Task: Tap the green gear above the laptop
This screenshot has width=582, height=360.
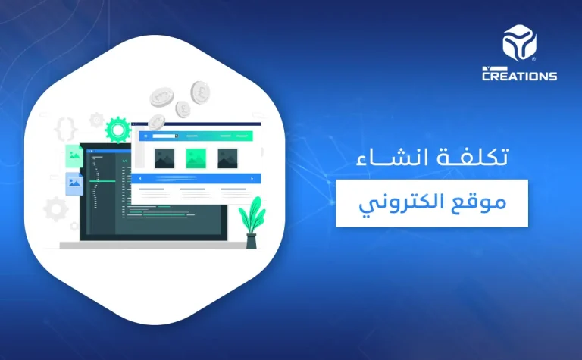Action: (x=118, y=130)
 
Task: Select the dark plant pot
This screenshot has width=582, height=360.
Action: (x=252, y=240)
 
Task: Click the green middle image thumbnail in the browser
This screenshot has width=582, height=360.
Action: (x=196, y=158)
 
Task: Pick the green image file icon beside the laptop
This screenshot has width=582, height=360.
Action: (x=74, y=155)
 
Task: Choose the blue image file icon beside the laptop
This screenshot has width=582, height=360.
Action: (x=74, y=183)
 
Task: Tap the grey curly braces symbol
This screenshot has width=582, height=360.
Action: (x=66, y=130)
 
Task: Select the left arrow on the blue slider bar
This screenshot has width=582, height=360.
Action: (x=140, y=179)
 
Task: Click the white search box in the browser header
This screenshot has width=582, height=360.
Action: (x=162, y=136)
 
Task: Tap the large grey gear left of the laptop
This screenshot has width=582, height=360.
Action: (x=56, y=208)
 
